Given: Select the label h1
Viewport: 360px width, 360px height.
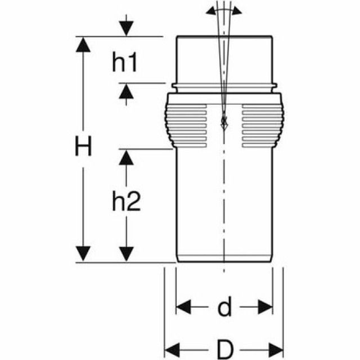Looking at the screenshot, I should coord(125,63).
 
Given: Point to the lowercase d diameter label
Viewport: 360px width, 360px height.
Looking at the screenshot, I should coord(225,307).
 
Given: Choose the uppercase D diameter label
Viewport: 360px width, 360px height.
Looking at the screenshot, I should coord(224,349).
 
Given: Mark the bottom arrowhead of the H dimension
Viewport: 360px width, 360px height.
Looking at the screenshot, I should coord(83,254).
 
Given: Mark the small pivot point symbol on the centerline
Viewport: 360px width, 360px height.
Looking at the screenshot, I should coord(223,122).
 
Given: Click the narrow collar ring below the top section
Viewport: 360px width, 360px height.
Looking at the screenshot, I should coord(224,87).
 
